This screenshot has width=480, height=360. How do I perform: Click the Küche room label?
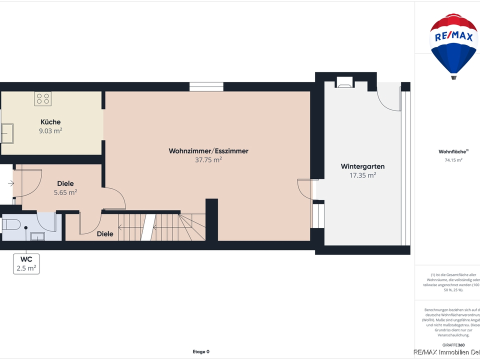(x=50, y=122)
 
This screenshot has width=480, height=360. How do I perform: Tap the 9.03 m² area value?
(x=50, y=131)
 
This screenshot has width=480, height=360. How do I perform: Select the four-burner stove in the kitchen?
(x=42, y=98)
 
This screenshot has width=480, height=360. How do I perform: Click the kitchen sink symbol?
(x=8, y=133)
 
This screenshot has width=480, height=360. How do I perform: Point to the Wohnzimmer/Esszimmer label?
(x=208, y=151)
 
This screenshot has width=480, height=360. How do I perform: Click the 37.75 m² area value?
(x=208, y=160)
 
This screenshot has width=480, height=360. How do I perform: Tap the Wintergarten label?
(x=362, y=166)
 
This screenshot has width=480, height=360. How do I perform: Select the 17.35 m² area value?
(x=362, y=175)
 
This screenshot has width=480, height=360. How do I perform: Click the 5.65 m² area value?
(x=65, y=192)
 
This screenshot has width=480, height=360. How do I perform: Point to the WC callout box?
(x=26, y=264)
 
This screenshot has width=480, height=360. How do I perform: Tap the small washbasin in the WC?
(x=37, y=236)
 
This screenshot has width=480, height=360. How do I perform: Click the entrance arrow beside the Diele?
(x=11, y=184)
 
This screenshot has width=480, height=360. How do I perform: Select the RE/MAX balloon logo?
(x=454, y=45)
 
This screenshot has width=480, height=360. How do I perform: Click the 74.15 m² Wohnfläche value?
(x=453, y=160)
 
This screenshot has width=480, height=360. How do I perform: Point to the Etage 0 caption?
(x=201, y=351)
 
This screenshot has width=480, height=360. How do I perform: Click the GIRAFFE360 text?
(x=453, y=345)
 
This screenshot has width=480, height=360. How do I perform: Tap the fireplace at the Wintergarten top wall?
(x=344, y=83)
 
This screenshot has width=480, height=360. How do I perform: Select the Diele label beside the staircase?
(x=105, y=233)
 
